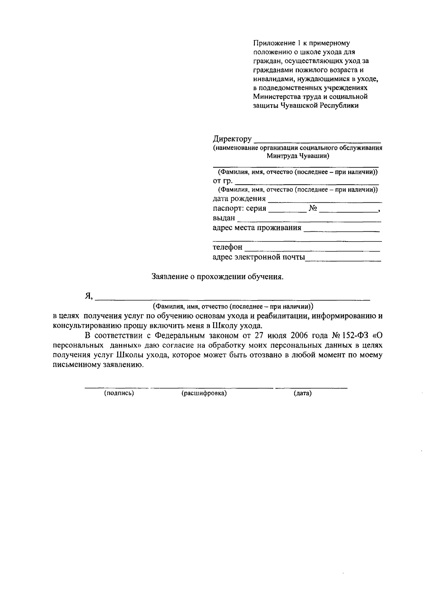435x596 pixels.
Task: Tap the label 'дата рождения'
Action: [239, 199]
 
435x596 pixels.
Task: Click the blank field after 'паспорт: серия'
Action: [287, 210]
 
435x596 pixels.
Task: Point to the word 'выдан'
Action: [224, 218]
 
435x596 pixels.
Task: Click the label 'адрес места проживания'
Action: [257, 228]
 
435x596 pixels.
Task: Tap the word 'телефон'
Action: [227, 247]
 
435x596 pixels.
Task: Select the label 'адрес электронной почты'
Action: [258, 257]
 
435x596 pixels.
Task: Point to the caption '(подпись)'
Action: [119, 393]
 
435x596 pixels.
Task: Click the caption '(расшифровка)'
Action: [204, 393]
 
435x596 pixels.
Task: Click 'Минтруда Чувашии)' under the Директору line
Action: [298, 156]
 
